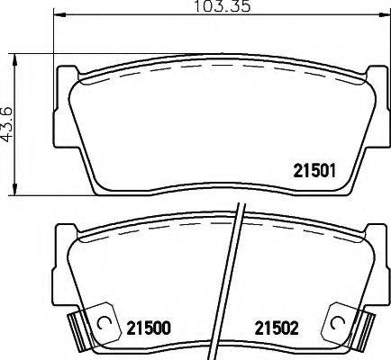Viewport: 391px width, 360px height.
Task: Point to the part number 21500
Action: click(147, 328)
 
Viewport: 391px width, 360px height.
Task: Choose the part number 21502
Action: click(275, 328)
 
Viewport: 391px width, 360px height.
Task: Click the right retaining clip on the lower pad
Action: click(345, 325)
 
